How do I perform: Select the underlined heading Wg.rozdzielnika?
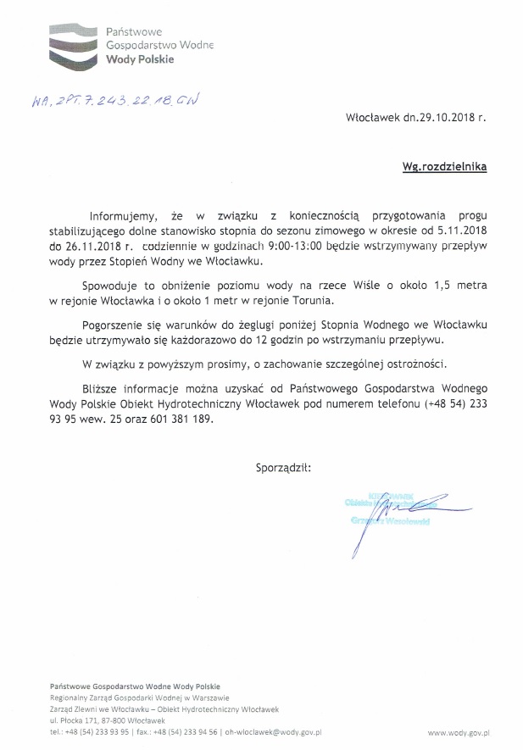pyautogui.click(x=445, y=168)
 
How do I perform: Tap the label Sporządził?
pyautogui.click(x=282, y=466)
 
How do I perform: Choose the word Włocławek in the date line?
pyautogui.click(x=376, y=120)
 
